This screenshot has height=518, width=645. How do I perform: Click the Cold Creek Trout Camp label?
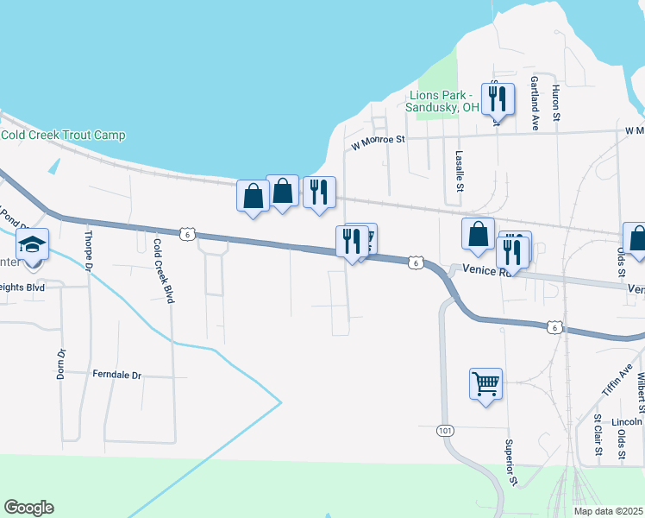tap(63, 136)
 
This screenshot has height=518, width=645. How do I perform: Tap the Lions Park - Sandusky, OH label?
tap(442, 101)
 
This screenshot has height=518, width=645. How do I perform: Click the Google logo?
tap(28, 508)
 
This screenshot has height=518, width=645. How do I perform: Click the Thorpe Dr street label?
tap(88, 249)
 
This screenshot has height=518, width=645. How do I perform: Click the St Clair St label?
tap(598, 436)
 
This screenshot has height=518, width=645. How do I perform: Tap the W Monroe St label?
tap(377, 142)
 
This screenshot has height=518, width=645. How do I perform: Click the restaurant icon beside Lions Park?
tap(498, 100)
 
